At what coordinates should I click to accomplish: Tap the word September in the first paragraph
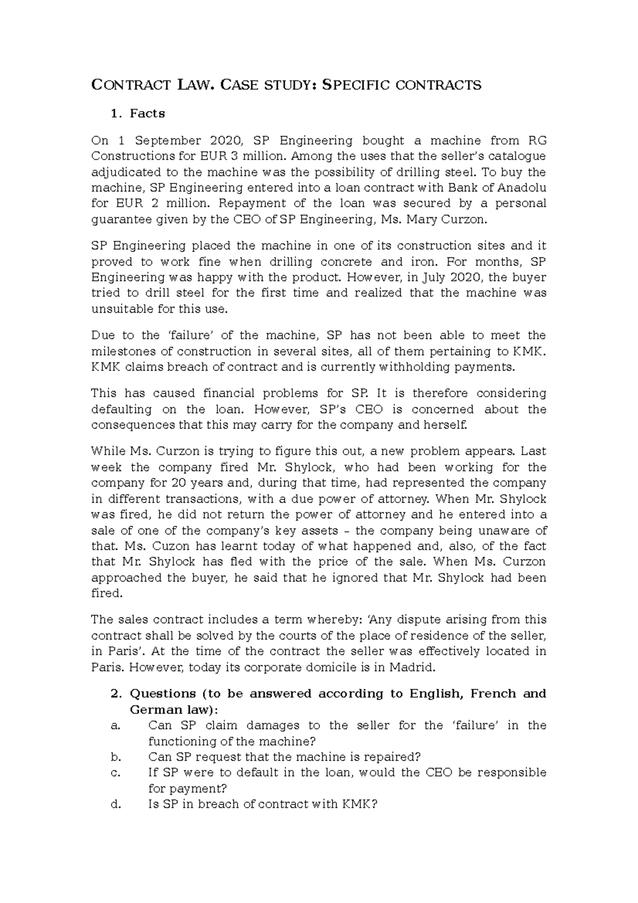point(168,141)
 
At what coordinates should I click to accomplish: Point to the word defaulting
point(121,409)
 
